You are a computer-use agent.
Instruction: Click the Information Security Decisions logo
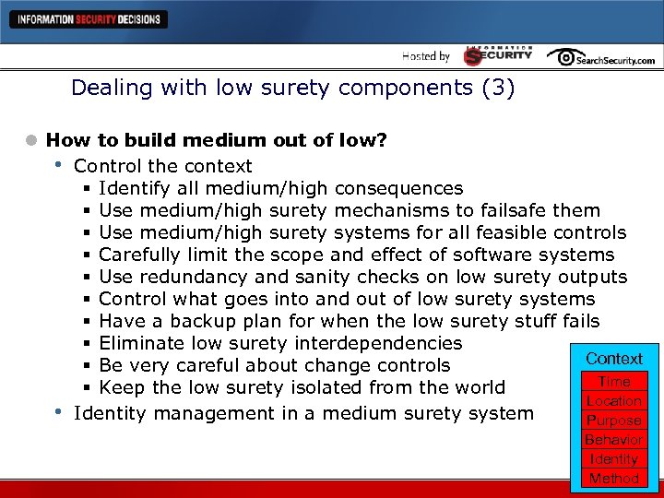pos(88,19)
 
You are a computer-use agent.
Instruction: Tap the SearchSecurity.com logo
pos(600,57)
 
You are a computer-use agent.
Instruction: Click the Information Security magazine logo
pos(498,55)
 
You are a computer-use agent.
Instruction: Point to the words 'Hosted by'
pos(425,56)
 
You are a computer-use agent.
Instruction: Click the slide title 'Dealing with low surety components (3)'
pos(293,89)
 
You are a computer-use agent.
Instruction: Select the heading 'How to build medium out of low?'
pos(217,140)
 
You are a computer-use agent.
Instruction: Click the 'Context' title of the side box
pos(614,359)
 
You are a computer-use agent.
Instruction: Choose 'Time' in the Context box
pos(614,382)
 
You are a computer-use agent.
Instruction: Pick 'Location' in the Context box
pos(614,401)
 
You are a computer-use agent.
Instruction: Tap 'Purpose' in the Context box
pos(614,421)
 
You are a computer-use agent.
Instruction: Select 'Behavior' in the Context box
pos(614,440)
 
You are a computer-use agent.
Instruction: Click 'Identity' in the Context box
pos(614,459)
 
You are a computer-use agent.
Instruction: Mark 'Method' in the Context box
pos(614,479)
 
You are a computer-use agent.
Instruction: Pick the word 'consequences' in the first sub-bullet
pos(399,188)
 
